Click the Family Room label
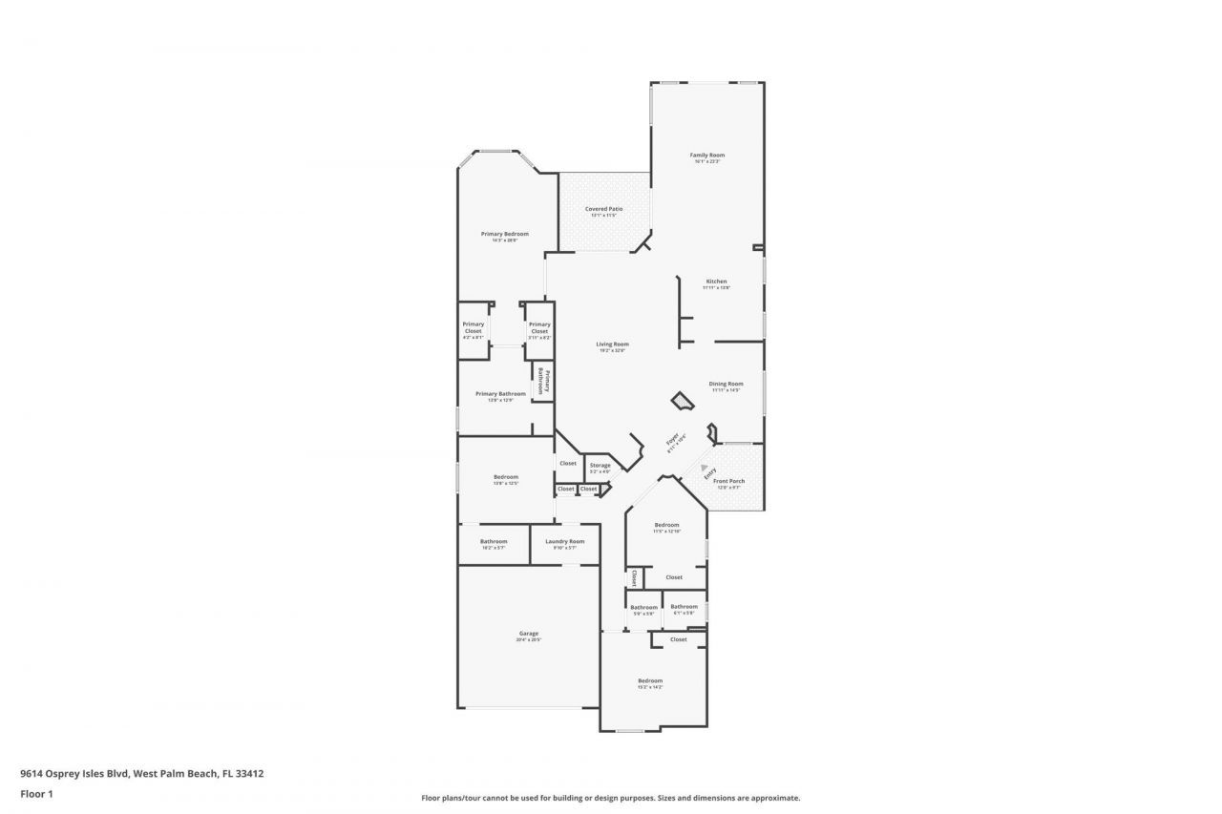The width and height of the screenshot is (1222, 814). tap(707, 155)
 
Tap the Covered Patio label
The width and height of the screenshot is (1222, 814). tap(603, 208)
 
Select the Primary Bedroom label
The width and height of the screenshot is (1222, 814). tap(504, 234)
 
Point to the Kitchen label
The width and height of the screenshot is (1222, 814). tap(716, 282)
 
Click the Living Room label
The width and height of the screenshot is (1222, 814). tap(612, 344)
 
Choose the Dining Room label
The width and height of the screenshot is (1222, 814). tap(726, 384)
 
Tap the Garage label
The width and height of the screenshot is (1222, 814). tap(528, 633)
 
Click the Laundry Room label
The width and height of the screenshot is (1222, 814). tap(565, 541)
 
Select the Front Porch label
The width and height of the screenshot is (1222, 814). tap(729, 481)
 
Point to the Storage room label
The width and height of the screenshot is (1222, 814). tap(600, 466)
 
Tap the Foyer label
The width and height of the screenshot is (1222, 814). tap(672, 442)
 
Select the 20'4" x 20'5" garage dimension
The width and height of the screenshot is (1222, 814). tap(528, 639)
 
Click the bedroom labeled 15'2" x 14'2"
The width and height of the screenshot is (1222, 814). tap(650, 680)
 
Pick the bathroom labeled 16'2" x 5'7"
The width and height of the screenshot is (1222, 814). tap(494, 541)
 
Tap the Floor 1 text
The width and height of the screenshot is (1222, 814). tap(36, 793)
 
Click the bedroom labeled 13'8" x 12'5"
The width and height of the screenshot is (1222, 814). tap(506, 477)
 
